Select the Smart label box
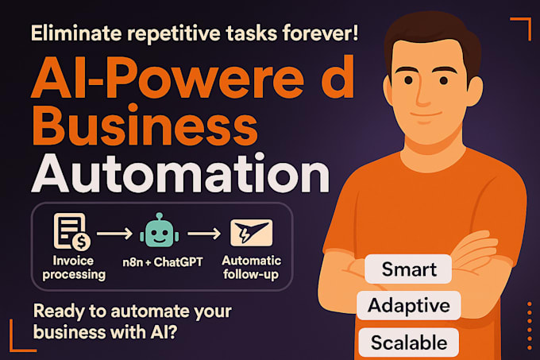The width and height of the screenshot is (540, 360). pos(408,269)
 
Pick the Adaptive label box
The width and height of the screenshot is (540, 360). pos(409,306)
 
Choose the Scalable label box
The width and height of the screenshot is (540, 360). pos(409,343)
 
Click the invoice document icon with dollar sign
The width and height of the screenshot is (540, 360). pos(70,230)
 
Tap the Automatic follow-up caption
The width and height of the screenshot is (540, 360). pos(251,267)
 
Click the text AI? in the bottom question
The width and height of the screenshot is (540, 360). pos(168,335)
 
